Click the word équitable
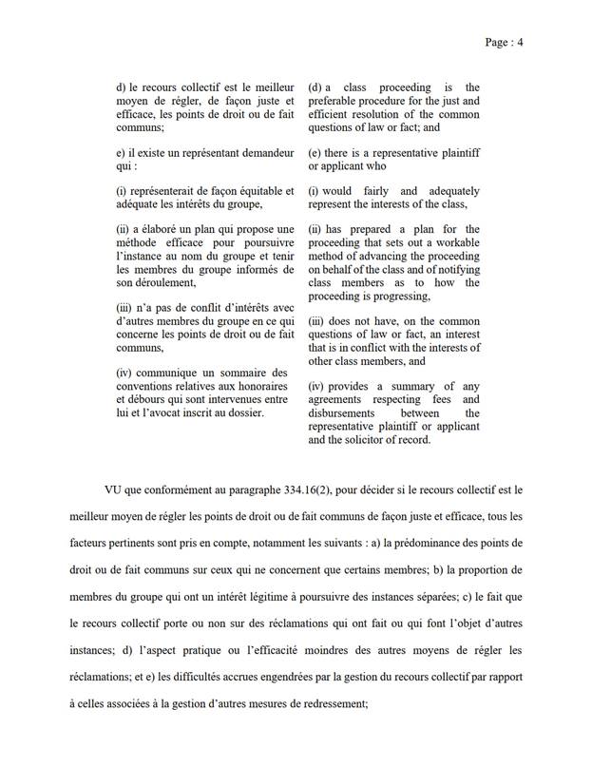tap(240, 189)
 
